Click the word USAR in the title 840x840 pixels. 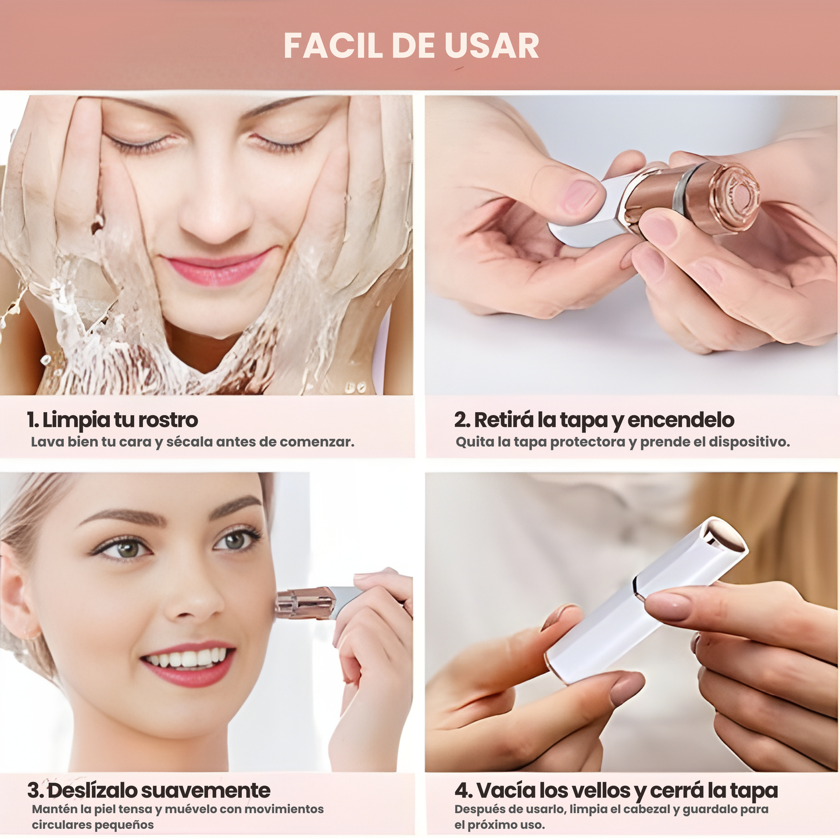(492, 45)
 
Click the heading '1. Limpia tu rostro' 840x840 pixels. (112, 420)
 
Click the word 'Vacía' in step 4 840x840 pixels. (506, 790)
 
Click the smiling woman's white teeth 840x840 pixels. (187, 658)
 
